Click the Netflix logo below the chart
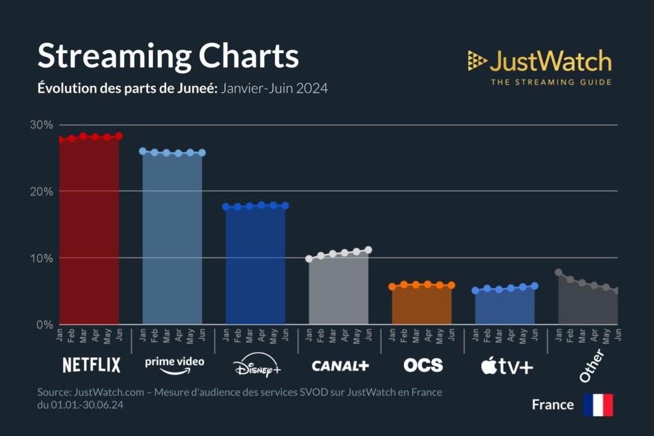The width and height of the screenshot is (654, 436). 91,365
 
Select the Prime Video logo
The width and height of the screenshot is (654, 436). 174,365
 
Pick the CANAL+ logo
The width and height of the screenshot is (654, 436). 340,366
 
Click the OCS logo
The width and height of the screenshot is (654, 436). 422,365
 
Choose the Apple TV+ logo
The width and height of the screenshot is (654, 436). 507,366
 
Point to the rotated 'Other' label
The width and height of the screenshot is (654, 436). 591,366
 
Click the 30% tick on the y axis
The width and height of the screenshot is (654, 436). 41,125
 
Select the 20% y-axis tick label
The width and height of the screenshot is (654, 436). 41,191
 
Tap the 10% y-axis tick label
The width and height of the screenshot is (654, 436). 41,258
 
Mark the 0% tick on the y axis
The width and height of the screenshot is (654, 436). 44,324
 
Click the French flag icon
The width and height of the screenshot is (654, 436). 597,405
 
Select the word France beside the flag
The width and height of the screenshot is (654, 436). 553,405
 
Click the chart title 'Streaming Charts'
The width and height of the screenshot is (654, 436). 167,56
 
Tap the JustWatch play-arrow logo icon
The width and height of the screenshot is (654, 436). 477,61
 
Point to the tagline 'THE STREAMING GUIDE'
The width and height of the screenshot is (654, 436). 551,83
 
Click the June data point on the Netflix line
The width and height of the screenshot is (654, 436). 119,136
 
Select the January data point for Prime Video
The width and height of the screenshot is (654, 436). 143,151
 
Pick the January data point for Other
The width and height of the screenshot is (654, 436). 558,272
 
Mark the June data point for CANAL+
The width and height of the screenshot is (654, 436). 368,250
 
